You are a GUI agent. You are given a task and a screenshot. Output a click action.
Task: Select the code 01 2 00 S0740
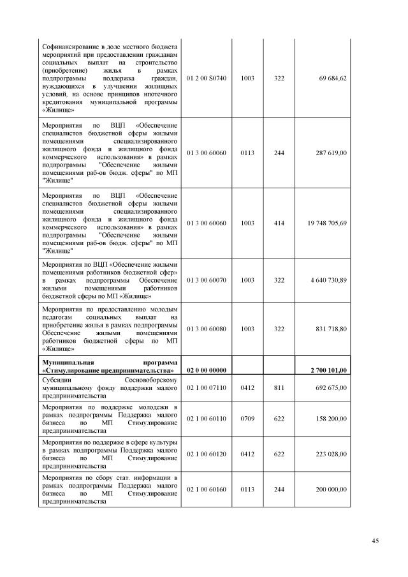(206, 78)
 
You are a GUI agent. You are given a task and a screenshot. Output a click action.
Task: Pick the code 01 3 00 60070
(206, 280)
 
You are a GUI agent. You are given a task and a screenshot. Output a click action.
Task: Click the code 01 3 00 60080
(206, 328)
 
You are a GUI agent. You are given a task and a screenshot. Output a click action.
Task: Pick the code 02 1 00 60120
(206, 454)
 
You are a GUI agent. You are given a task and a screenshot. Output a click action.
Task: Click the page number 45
(375, 541)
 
